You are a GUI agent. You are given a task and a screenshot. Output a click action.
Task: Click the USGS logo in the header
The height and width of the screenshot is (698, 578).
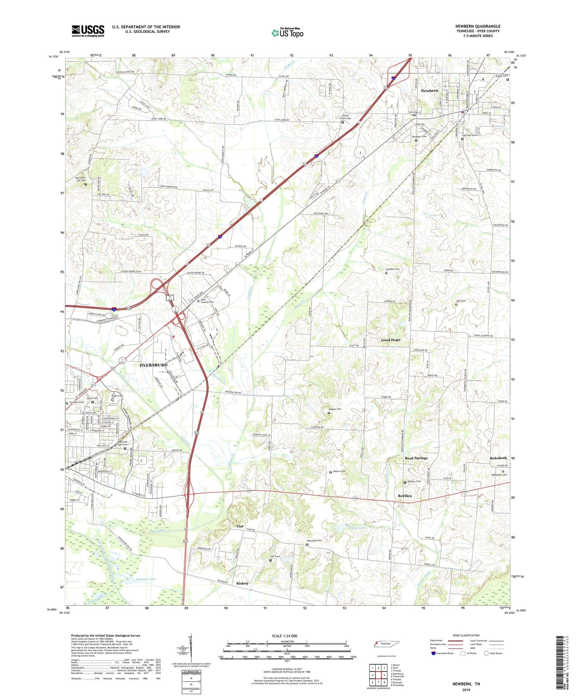pyautogui.click(x=88, y=31)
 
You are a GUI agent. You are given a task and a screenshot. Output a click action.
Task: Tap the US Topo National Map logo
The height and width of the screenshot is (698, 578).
pyautogui.click(x=287, y=33)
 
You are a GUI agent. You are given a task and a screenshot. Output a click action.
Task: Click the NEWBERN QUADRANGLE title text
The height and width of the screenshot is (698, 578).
pyautogui.click(x=477, y=26)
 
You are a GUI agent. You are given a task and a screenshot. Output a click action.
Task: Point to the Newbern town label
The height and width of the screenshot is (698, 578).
pyautogui.click(x=429, y=90)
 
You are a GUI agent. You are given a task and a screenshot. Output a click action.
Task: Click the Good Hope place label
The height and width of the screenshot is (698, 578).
pyautogui.click(x=390, y=340)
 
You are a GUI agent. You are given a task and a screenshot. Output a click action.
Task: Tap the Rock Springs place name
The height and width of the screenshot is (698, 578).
pyautogui.click(x=416, y=458)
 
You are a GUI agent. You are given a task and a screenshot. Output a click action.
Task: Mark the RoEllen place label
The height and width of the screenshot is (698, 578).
pyautogui.click(x=405, y=496)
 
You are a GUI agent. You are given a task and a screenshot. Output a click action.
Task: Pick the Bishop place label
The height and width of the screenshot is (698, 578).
pyautogui.click(x=242, y=583)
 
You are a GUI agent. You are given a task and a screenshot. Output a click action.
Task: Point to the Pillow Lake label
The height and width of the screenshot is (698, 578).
pyautogui.click(x=357, y=527)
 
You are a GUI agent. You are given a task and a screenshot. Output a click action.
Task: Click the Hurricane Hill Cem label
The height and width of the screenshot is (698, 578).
pyautogui.click(x=83, y=179)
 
